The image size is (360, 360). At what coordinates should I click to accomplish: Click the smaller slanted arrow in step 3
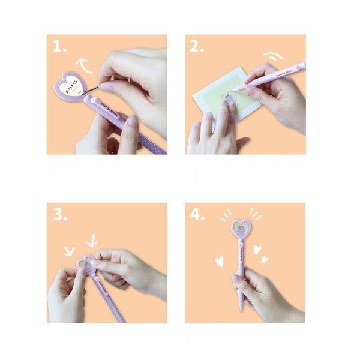pos(69,250)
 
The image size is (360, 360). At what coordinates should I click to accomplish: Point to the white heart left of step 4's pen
pos(219,261)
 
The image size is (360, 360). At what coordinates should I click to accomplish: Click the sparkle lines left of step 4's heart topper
pos(224,214)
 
